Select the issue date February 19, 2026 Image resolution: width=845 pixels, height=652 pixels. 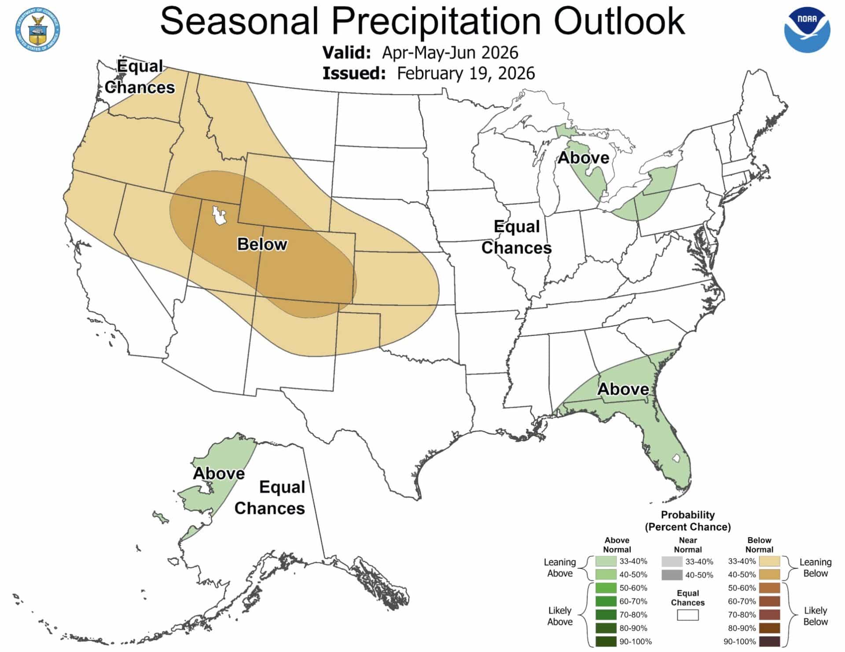pos(466,73)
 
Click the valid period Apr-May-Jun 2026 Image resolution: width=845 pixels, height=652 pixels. pos(450,53)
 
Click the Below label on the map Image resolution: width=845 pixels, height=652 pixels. pos(262,244)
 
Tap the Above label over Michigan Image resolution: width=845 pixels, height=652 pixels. pos(583,158)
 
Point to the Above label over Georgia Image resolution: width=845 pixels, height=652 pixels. pos(623,389)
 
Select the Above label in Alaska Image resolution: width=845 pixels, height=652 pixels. pos(219,473)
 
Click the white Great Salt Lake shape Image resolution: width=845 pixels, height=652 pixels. pos(219,215)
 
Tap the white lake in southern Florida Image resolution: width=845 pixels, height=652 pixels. pos(676,458)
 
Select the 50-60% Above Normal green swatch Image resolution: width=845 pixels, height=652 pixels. pos(606,588)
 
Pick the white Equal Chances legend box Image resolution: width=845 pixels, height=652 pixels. pos(687,615)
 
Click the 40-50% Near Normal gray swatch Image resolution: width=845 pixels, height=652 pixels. pos(672,575)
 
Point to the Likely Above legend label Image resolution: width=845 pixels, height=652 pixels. pos(559,616)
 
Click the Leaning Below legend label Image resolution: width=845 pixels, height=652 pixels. pos(815,568)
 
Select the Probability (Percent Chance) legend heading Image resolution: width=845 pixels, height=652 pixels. pos(687,521)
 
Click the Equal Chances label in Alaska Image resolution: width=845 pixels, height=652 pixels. pos(270,498)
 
